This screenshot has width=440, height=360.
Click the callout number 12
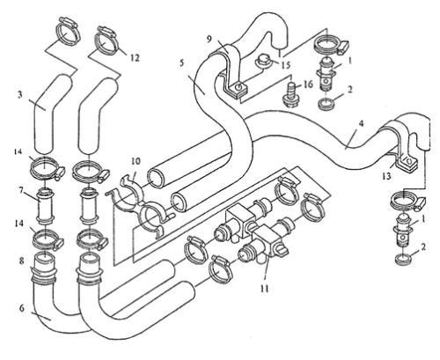[x=135, y=57]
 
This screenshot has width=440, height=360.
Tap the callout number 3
[x=20, y=95]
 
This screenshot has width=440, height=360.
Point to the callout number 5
[x=182, y=63]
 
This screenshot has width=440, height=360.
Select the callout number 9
[x=209, y=39]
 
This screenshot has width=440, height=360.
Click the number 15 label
[x=285, y=64]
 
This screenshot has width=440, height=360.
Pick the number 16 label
[x=308, y=84]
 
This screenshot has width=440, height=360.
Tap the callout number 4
[x=362, y=123]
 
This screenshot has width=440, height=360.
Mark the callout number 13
[x=386, y=176]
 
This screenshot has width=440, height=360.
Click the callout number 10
[x=136, y=161]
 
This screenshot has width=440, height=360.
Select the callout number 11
[x=264, y=289]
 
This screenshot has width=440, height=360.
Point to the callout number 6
[x=22, y=308]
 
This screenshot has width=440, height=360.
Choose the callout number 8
[x=21, y=261]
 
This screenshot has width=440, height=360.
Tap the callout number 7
[x=21, y=191]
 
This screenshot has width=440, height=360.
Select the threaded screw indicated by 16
[x=290, y=93]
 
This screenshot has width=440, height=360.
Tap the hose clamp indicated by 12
[x=106, y=41]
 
